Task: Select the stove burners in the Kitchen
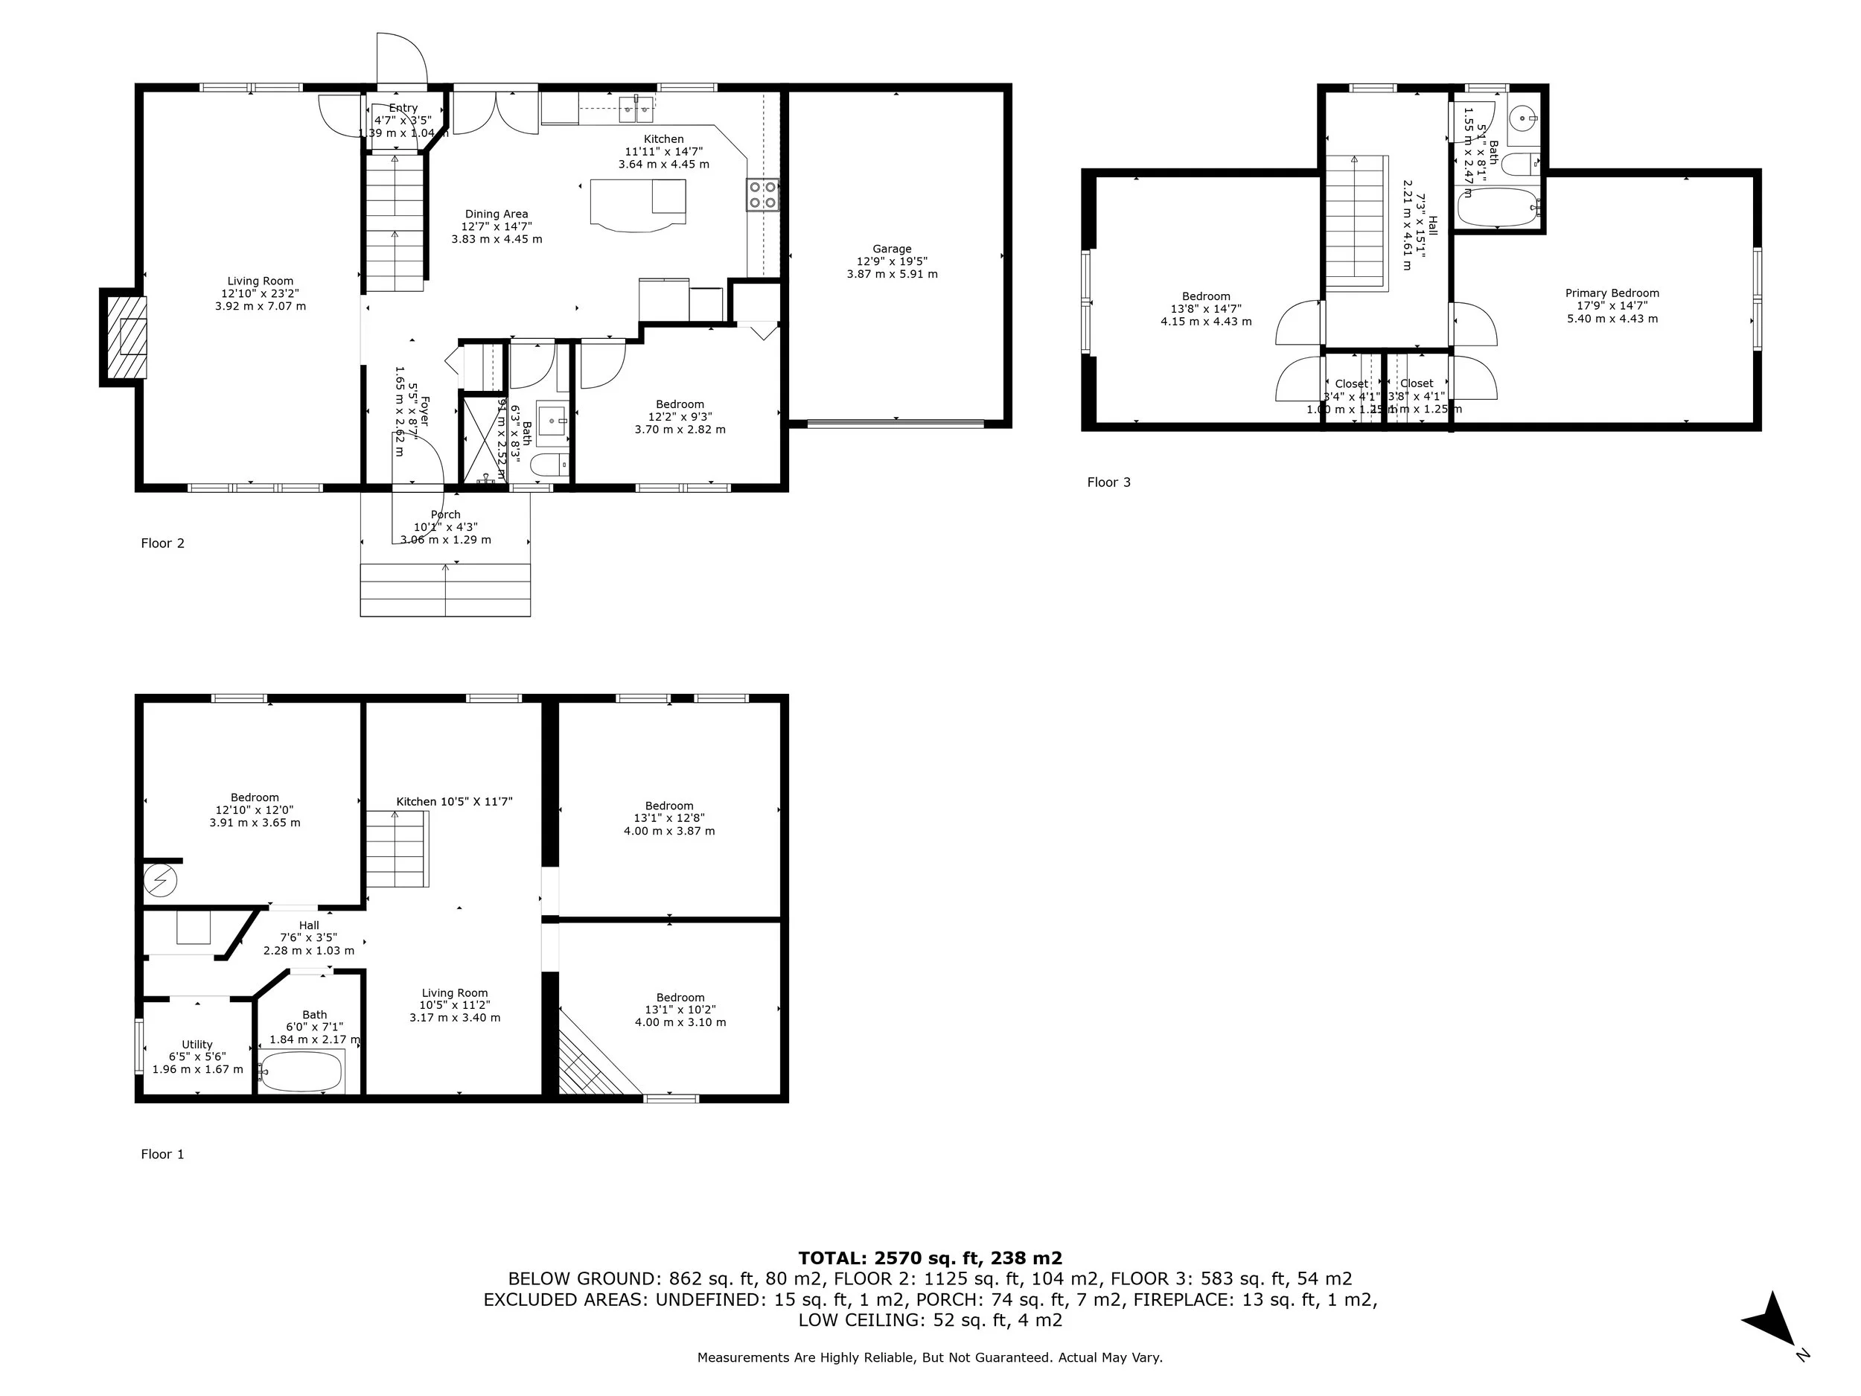click(x=763, y=195)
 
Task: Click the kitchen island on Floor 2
click(x=637, y=205)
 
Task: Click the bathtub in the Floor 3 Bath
click(x=1498, y=207)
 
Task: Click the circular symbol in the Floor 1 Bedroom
click(x=159, y=881)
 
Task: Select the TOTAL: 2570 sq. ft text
click(x=930, y=1258)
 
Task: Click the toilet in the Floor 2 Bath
click(x=551, y=465)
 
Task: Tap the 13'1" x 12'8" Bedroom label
click(x=669, y=818)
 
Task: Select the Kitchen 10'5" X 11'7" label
click(x=454, y=802)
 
